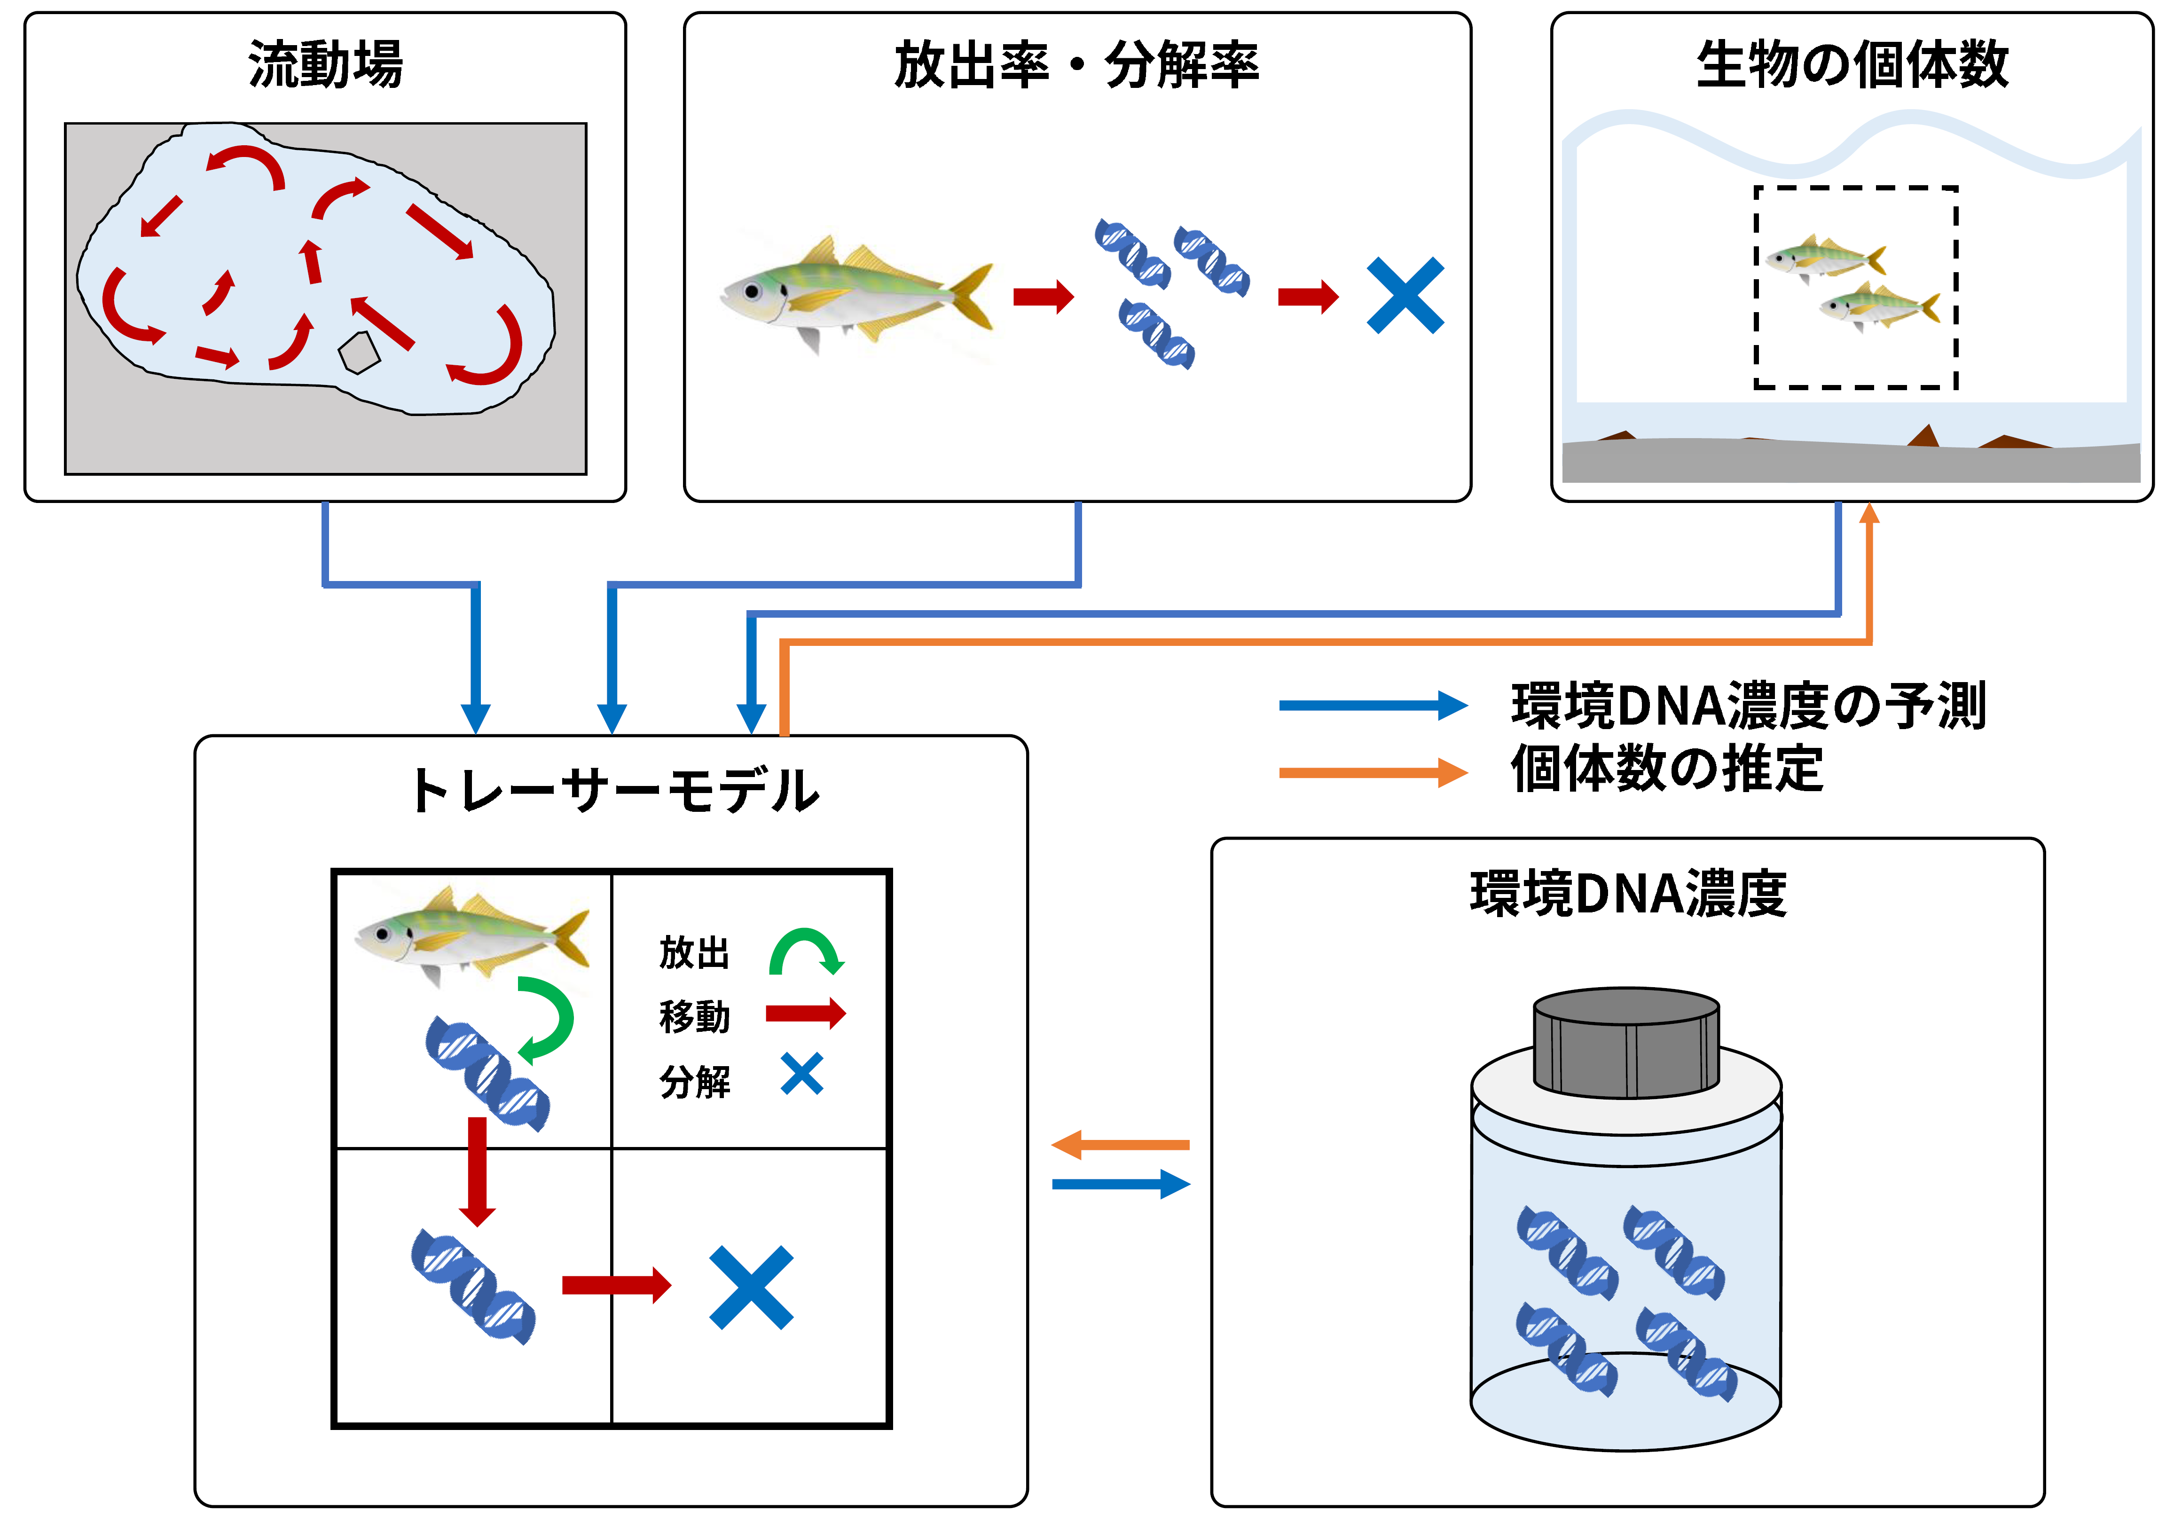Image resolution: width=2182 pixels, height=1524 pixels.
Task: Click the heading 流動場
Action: (325, 64)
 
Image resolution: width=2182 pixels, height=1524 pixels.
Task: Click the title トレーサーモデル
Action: (613, 791)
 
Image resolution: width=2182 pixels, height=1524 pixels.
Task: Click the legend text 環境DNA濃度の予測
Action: (1749, 706)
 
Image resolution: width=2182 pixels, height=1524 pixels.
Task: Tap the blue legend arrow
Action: (1373, 705)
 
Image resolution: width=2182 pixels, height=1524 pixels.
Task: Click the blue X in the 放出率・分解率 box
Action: (1405, 296)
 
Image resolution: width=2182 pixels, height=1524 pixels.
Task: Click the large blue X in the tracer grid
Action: (751, 1288)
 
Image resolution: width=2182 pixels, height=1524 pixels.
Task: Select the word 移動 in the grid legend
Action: (695, 1016)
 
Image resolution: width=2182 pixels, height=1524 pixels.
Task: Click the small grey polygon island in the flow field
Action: (359, 353)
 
